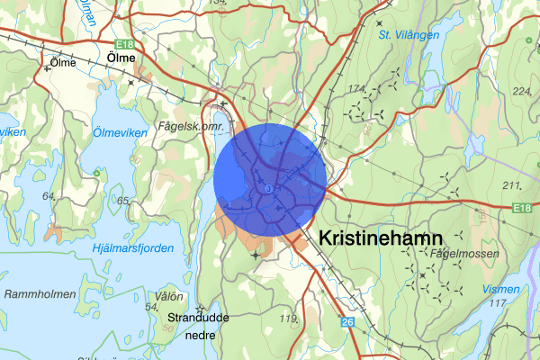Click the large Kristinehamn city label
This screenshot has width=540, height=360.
tap(381, 238)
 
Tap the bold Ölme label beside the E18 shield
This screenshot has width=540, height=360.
tap(121, 58)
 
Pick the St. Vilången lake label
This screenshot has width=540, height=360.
tap(409, 35)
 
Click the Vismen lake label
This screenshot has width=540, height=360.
tap(500, 289)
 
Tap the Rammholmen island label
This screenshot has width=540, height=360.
tap(34, 293)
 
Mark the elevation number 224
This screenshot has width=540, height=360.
tap(521, 91)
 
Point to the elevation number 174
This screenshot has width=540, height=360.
tap(358, 88)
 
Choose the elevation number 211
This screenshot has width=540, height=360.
tap(513, 185)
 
